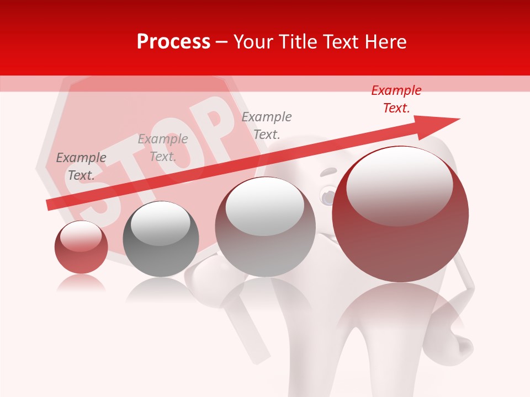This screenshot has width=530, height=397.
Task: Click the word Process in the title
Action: coord(173,42)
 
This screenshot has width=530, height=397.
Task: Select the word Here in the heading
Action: coord(385,42)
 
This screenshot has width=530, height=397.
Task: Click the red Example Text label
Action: coord(396,99)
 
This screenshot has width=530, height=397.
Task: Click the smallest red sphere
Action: coord(81,247)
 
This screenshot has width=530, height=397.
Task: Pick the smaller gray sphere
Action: coord(161,239)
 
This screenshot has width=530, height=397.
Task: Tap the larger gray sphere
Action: coord(266,227)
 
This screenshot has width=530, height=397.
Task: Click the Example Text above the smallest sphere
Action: coord(81,167)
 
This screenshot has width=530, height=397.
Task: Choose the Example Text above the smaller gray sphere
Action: coord(163,148)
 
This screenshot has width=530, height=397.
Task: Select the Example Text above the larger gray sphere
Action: coord(267,125)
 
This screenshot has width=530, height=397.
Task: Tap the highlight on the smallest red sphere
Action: coord(81,235)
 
